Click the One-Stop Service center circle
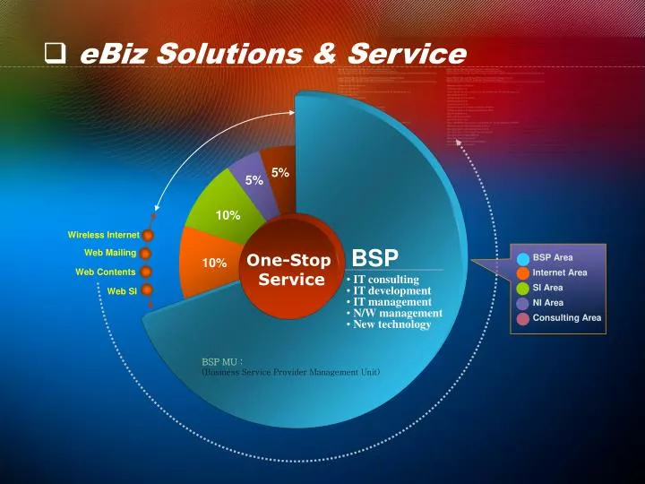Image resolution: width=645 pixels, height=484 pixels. point(288,269)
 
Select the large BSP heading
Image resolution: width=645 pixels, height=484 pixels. point(374,258)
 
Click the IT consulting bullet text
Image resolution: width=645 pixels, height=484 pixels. point(383,280)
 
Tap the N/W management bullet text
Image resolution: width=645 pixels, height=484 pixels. point(393,313)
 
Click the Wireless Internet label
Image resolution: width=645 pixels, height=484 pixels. point(103,235)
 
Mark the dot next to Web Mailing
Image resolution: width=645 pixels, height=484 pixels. point(145,254)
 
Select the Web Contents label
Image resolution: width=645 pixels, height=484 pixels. point(105,272)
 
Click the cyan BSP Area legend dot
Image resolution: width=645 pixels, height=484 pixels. point(521,258)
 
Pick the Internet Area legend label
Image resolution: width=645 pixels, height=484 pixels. point(559,272)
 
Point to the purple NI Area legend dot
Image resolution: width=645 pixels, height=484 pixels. point(521,303)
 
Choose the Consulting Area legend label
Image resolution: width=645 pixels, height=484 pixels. point(566,317)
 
